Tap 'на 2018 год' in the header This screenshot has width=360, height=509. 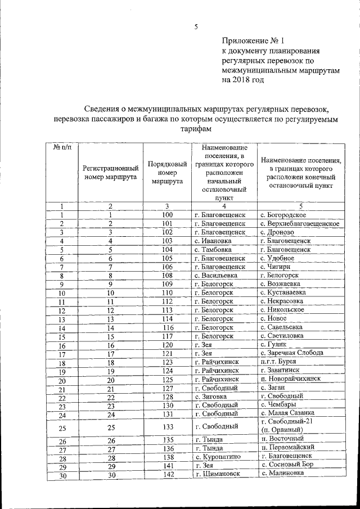(242, 80)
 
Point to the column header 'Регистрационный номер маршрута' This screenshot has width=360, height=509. (111, 173)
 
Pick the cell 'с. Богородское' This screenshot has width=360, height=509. (283, 215)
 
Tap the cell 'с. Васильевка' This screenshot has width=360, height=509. (217, 276)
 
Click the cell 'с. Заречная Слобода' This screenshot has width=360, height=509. (292, 353)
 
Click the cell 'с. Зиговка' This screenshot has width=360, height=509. (214, 397)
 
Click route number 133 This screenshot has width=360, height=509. (167, 426)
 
